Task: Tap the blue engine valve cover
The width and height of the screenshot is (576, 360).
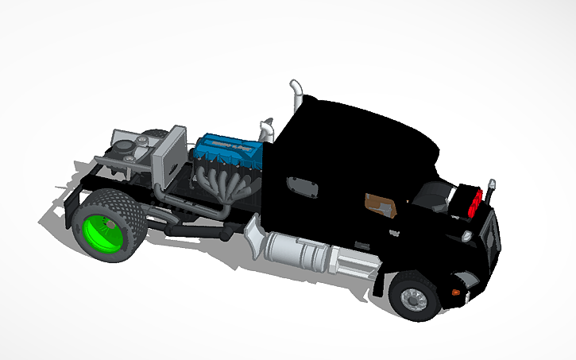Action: tap(230, 147)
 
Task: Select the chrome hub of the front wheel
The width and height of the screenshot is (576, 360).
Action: tap(412, 299)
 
